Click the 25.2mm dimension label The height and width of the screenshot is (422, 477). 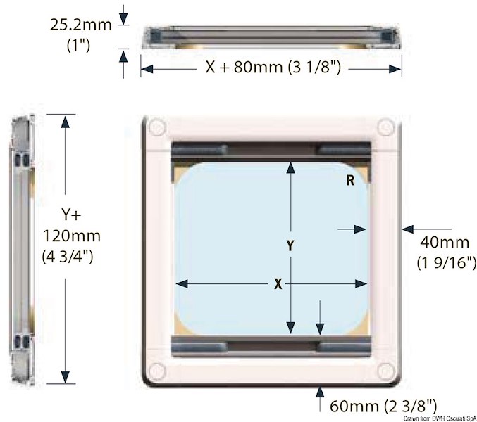81,25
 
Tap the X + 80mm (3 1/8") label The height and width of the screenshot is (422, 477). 273,68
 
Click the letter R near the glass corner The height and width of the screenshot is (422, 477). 350,181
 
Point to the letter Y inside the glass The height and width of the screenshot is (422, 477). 289,245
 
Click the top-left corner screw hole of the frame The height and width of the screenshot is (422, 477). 156,128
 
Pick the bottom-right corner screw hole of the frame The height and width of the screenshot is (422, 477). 384,370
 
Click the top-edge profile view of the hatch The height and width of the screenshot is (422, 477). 271,37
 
